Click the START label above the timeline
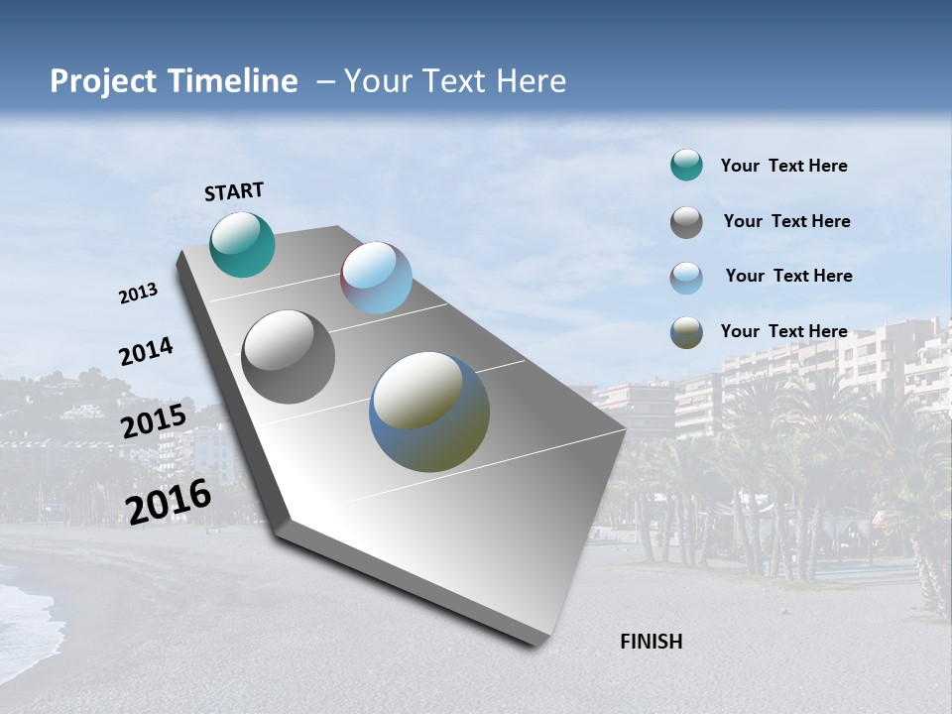click(x=234, y=191)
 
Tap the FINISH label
click(x=652, y=642)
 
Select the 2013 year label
click(x=139, y=294)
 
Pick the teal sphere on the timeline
click(x=242, y=244)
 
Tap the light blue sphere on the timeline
click(x=376, y=278)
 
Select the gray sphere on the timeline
click(x=289, y=356)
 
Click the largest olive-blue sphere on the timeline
click(x=429, y=412)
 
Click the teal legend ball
click(x=686, y=166)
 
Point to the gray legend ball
click(x=686, y=222)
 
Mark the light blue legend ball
click(x=686, y=278)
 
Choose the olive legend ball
click(x=686, y=332)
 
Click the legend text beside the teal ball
click(x=783, y=167)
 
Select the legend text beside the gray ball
click(x=786, y=221)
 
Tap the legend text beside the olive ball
click(x=783, y=331)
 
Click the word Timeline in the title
click(x=233, y=81)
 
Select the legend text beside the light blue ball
click(x=788, y=276)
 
